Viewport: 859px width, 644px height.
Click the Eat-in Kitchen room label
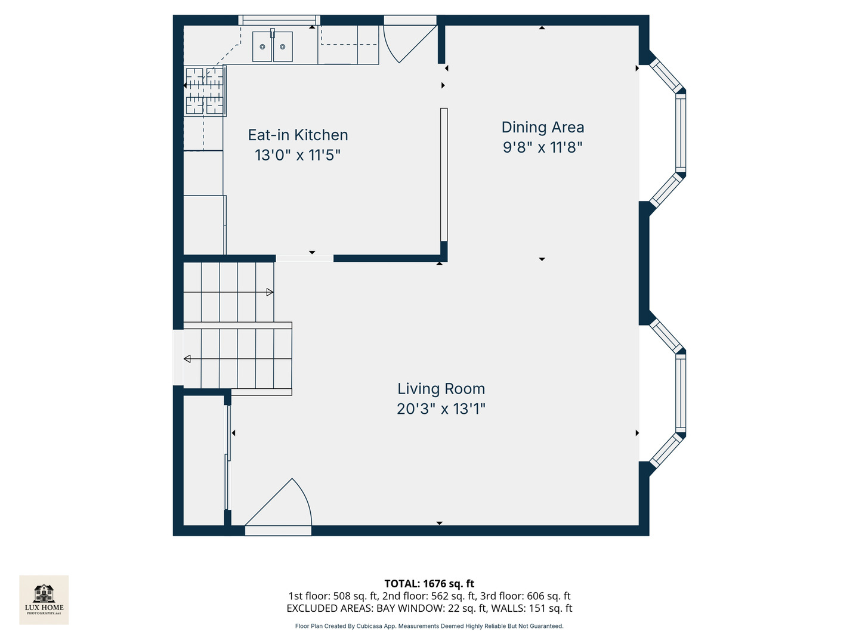298,135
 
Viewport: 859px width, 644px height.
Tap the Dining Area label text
542,127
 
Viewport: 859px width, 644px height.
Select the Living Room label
441,389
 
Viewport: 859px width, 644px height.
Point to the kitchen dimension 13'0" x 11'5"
298,155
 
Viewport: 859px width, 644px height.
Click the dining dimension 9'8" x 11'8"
542,147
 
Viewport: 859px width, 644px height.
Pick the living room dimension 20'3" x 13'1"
441,409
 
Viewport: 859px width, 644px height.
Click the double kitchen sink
273,47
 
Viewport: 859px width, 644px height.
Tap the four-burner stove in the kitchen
205,91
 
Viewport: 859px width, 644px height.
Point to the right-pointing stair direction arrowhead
270,292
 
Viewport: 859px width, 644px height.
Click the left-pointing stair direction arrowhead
187,358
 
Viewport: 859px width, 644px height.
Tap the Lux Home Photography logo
44,600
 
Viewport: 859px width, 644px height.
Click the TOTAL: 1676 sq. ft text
429,583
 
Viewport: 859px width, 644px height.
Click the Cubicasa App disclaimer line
429,626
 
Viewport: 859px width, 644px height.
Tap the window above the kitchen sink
279,20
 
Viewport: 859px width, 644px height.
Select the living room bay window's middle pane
681,392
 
